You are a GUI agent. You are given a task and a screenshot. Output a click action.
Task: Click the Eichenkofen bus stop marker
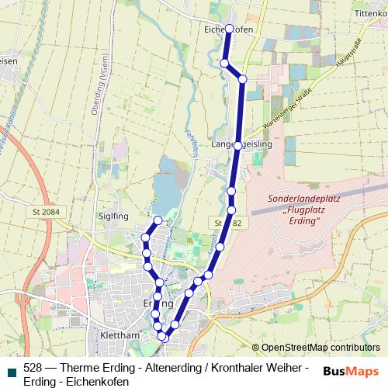click(x=228, y=29)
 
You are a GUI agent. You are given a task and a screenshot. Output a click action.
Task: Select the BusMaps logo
click(x=350, y=370)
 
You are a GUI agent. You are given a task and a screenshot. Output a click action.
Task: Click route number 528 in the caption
click(x=33, y=367)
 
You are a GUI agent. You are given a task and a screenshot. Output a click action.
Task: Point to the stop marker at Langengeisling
click(x=237, y=145)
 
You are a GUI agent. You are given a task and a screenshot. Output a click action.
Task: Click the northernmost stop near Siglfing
click(x=158, y=220)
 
